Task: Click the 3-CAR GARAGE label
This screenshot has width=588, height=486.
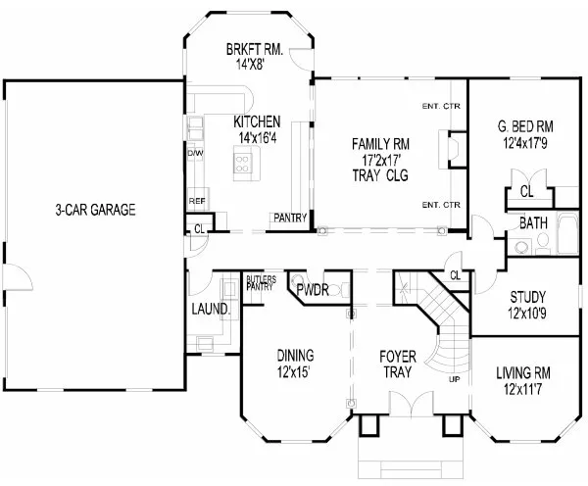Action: coord(94,209)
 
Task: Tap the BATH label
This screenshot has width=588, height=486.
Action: coord(533,223)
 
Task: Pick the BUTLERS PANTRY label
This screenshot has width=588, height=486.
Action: coord(261,282)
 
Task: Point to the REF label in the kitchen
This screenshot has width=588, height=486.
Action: coord(196,202)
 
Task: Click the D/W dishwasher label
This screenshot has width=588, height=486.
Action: coord(195,154)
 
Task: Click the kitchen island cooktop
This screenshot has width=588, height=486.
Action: coord(240,166)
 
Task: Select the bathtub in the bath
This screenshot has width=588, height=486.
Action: coord(567,236)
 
